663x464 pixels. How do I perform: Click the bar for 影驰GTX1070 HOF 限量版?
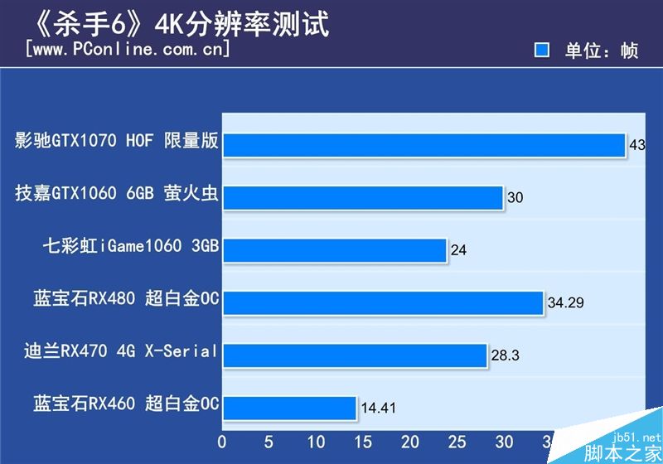[x=423, y=144]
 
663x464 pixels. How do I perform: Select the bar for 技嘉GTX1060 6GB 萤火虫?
[x=363, y=197]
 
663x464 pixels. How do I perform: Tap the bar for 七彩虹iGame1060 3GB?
[x=335, y=249]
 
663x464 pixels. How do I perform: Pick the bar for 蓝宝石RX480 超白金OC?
[x=383, y=302]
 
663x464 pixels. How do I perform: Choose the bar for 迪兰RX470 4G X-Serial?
[x=355, y=355]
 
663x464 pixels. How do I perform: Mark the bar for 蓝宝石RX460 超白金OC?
[x=290, y=407]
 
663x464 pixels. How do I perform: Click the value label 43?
[x=637, y=145]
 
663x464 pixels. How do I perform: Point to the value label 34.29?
[x=566, y=303]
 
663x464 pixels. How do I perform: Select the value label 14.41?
[x=379, y=408]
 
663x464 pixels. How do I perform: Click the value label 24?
[x=459, y=250]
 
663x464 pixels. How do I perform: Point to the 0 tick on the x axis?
[x=222, y=442]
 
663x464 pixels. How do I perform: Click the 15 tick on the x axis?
[x=364, y=442]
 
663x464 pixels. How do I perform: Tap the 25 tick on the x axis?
[x=458, y=442]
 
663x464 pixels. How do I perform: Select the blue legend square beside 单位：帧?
[x=542, y=51]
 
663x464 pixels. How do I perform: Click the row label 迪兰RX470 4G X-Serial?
[x=121, y=351]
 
